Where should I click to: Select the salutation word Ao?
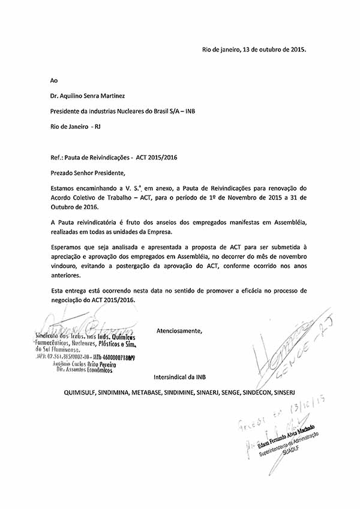pyautogui.click(x=55, y=79)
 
